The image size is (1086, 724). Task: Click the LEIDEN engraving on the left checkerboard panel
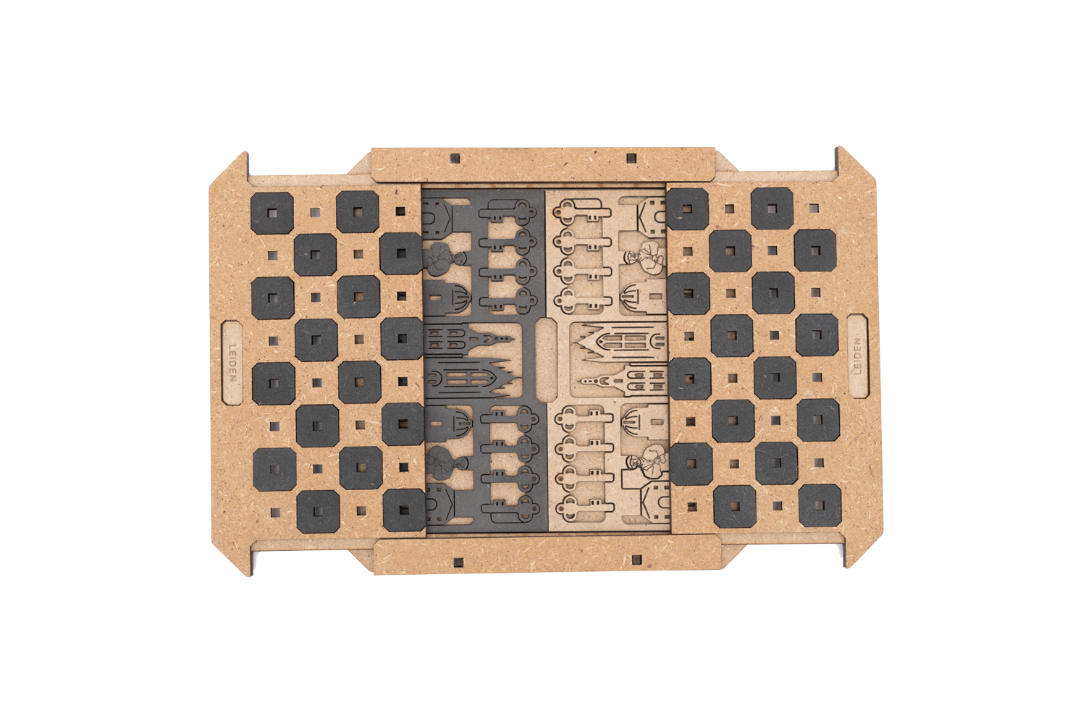coord(232,363)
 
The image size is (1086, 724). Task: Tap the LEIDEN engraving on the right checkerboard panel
coord(857,356)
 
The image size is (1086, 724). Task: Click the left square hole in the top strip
coord(455,159)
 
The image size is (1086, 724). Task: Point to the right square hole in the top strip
coord(631,158)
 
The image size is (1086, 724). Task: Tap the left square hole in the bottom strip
coord(457,563)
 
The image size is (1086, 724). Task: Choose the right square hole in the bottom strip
coord(637,560)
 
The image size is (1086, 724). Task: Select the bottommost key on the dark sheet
coord(510,509)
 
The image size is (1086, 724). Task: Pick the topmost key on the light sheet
coord(583,211)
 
